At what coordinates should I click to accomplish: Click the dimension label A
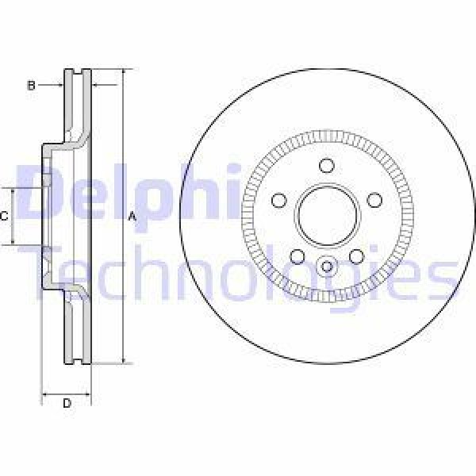click(132, 217)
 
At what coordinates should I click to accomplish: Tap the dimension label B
click(32, 85)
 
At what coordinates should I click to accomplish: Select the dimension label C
click(5, 216)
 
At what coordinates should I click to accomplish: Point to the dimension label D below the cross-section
click(67, 404)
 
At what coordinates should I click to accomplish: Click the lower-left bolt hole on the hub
click(297, 255)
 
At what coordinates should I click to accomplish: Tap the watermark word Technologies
click(238, 274)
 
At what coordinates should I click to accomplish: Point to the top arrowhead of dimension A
click(124, 73)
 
